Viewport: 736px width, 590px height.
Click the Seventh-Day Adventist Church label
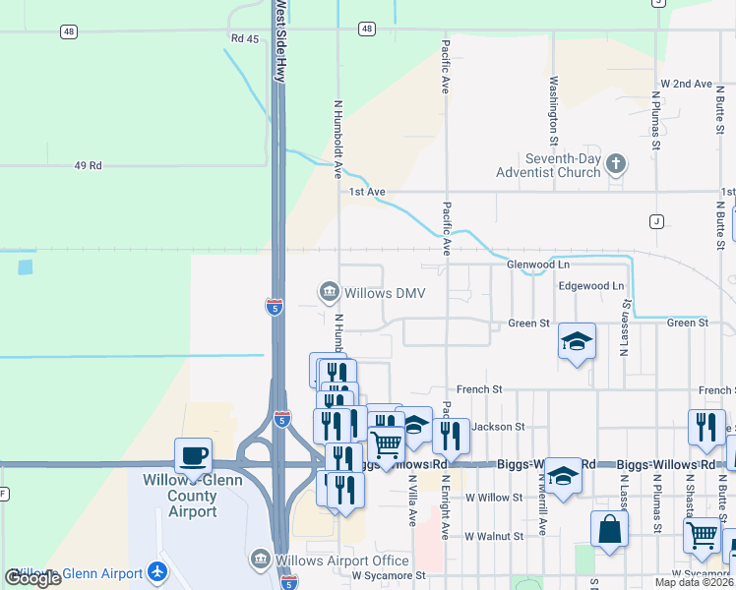(562, 165)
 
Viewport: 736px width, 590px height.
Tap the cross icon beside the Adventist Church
(616, 164)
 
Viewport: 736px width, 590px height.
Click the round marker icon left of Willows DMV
(328, 292)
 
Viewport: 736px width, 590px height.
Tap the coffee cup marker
(193, 456)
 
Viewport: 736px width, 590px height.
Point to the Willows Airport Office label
(341, 560)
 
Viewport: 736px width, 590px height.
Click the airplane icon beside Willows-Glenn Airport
(156, 572)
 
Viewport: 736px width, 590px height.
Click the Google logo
(33, 578)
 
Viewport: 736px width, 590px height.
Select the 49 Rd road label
(88, 165)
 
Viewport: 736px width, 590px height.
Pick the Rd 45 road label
(244, 38)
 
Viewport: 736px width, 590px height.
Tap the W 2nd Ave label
(686, 84)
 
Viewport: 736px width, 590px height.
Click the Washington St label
(554, 106)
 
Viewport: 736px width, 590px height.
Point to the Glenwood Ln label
(538, 265)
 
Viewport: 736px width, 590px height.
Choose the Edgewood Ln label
(591, 286)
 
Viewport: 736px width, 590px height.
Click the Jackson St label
(499, 427)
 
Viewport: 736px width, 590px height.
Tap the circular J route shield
(656, 220)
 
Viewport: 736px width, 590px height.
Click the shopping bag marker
(610, 529)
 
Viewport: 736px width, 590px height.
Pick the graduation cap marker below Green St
(577, 342)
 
